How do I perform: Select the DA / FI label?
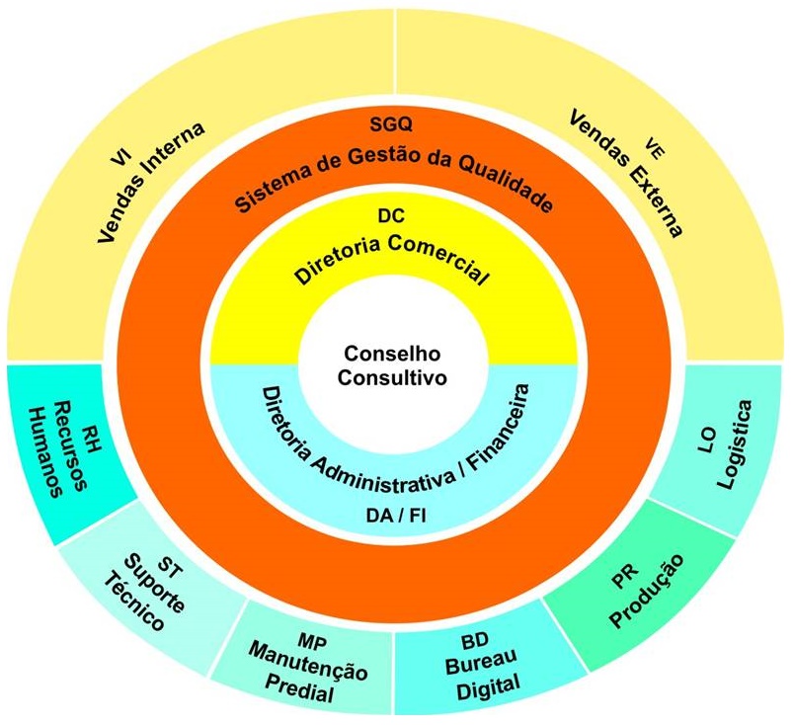(395, 515)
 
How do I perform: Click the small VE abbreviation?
(653, 145)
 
